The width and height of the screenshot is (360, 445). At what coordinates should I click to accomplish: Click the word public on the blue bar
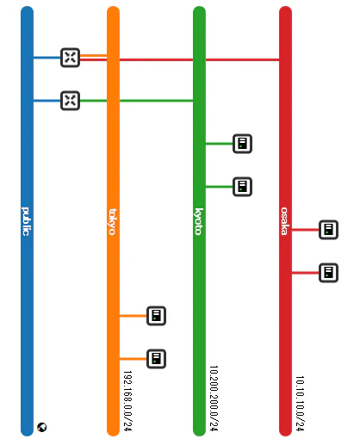[x=26, y=221]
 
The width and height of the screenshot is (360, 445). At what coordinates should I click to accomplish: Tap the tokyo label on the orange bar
[x=113, y=222]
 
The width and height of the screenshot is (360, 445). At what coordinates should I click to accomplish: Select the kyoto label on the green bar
[x=199, y=221]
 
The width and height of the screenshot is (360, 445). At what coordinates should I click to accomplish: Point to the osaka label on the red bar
[x=284, y=221]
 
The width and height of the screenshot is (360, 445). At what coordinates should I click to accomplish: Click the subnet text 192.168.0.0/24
[x=127, y=401]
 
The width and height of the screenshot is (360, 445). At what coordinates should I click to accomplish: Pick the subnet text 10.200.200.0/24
[x=214, y=399]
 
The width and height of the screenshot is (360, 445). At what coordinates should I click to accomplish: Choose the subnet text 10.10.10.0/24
[x=300, y=404]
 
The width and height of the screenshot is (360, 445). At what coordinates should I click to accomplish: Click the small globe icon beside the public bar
[x=42, y=427]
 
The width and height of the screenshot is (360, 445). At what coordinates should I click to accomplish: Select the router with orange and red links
[x=71, y=58]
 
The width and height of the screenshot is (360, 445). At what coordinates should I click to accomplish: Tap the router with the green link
[x=71, y=101]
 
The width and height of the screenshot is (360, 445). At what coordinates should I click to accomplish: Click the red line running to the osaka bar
[x=180, y=59]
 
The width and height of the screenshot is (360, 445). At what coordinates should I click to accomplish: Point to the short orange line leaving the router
[x=94, y=56]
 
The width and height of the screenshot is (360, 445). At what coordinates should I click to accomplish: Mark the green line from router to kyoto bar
[x=137, y=101]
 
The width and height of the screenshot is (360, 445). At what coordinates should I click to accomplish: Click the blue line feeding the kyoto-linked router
[x=47, y=101]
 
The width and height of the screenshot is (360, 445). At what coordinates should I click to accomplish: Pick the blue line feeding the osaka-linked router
[x=47, y=58]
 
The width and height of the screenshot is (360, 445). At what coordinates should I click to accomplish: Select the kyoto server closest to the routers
[x=242, y=144]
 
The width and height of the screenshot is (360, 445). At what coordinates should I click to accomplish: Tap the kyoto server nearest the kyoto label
[x=242, y=187]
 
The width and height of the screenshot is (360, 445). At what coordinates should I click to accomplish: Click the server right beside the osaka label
[x=328, y=230]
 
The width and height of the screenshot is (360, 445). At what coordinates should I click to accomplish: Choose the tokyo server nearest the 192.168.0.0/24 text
[x=156, y=359]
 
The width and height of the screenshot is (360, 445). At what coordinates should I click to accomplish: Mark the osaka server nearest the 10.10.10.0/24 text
[x=328, y=273]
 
